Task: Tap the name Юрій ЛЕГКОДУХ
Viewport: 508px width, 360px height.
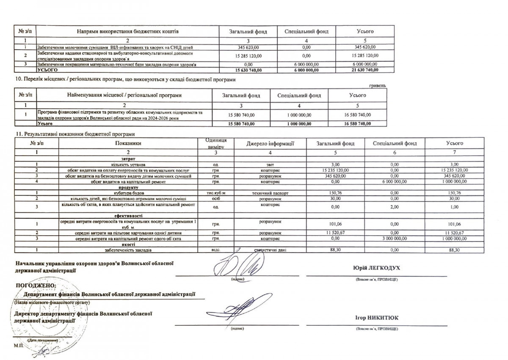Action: (376, 268)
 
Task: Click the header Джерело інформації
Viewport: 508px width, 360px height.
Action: (270, 143)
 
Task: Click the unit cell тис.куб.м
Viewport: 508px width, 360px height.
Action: (215, 192)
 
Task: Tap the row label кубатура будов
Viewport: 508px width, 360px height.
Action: (127, 192)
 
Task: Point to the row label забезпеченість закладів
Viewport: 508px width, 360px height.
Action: (127, 250)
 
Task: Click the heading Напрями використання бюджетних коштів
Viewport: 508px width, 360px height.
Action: (128, 31)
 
